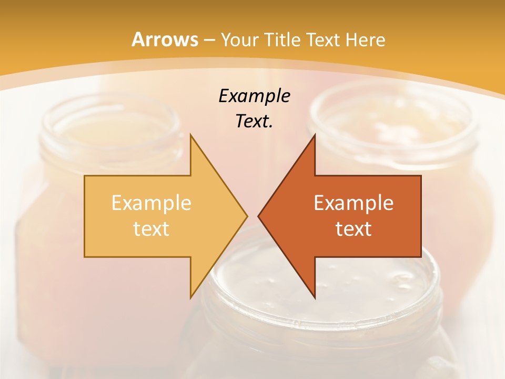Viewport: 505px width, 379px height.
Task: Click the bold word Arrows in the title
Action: point(165,39)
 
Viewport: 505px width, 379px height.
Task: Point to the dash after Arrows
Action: point(209,40)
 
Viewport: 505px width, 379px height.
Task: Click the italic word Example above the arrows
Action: point(254,96)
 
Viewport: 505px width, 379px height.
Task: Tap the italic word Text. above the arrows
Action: point(254,121)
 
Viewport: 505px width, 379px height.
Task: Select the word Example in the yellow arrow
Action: point(151,203)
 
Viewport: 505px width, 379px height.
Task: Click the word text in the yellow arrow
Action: point(151,228)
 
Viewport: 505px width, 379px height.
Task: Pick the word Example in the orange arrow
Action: point(353,203)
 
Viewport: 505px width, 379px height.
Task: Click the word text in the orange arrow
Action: point(353,228)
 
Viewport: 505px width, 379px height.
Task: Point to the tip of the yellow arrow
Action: point(246,216)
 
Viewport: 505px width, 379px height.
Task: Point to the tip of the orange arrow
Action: point(259,216)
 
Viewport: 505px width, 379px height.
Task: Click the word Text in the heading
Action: point(323,39)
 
